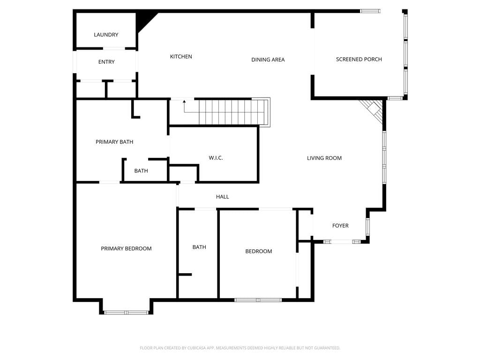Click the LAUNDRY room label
point(106,35)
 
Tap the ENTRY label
point(106,62)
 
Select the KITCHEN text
point(181,57)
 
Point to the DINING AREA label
point(268,60)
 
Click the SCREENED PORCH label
point(359,60)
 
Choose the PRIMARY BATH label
point(114,142)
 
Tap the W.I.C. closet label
point(216,158)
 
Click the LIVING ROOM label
point(324,158)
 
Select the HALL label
point(223,197)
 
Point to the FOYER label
point(340,225)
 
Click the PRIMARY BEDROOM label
point(126,248)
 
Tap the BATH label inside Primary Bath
point(141,171)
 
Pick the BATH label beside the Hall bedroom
point(199,247)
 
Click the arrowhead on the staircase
point(184,101)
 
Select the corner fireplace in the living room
point(373,110)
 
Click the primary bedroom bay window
point(127,313)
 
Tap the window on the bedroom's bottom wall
point(258,300)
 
